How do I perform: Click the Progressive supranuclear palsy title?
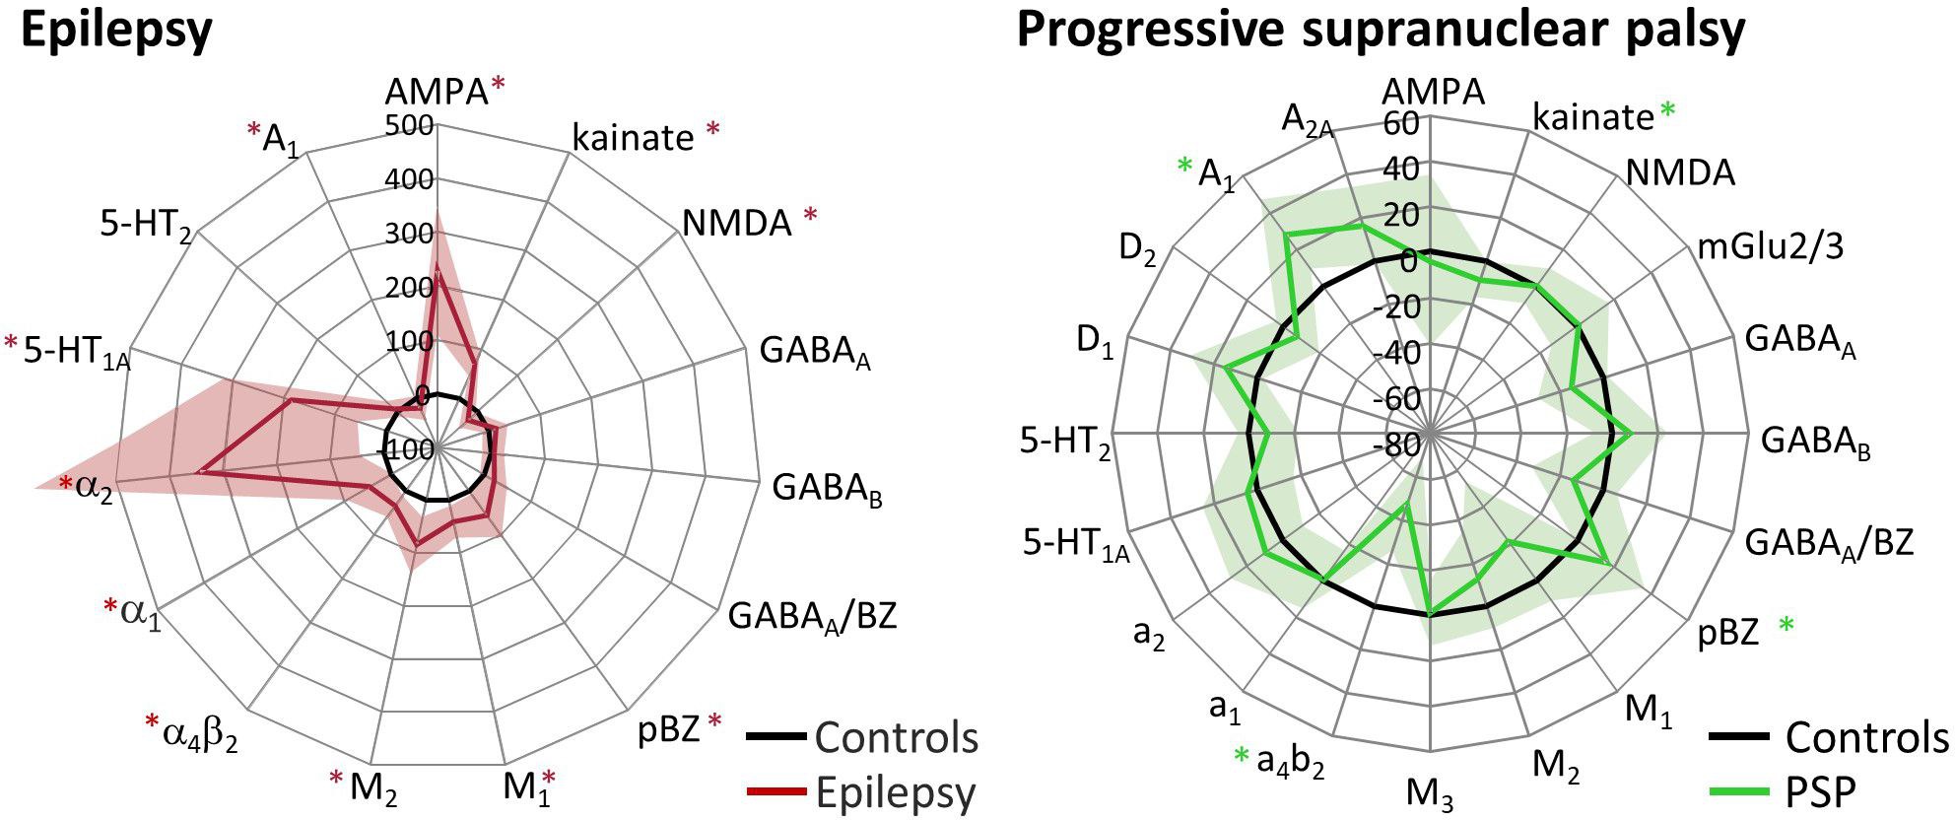1380,30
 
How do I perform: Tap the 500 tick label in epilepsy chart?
411,126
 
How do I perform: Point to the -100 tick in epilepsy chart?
405,450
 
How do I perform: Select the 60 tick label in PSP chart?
1402,124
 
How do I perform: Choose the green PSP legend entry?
1819,790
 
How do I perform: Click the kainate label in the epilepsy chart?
633,138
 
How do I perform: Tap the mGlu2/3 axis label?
1770,246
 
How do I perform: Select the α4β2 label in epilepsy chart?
200,735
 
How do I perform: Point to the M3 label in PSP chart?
1430,792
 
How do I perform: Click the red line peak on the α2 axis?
200,474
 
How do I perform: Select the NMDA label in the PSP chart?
1679,173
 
